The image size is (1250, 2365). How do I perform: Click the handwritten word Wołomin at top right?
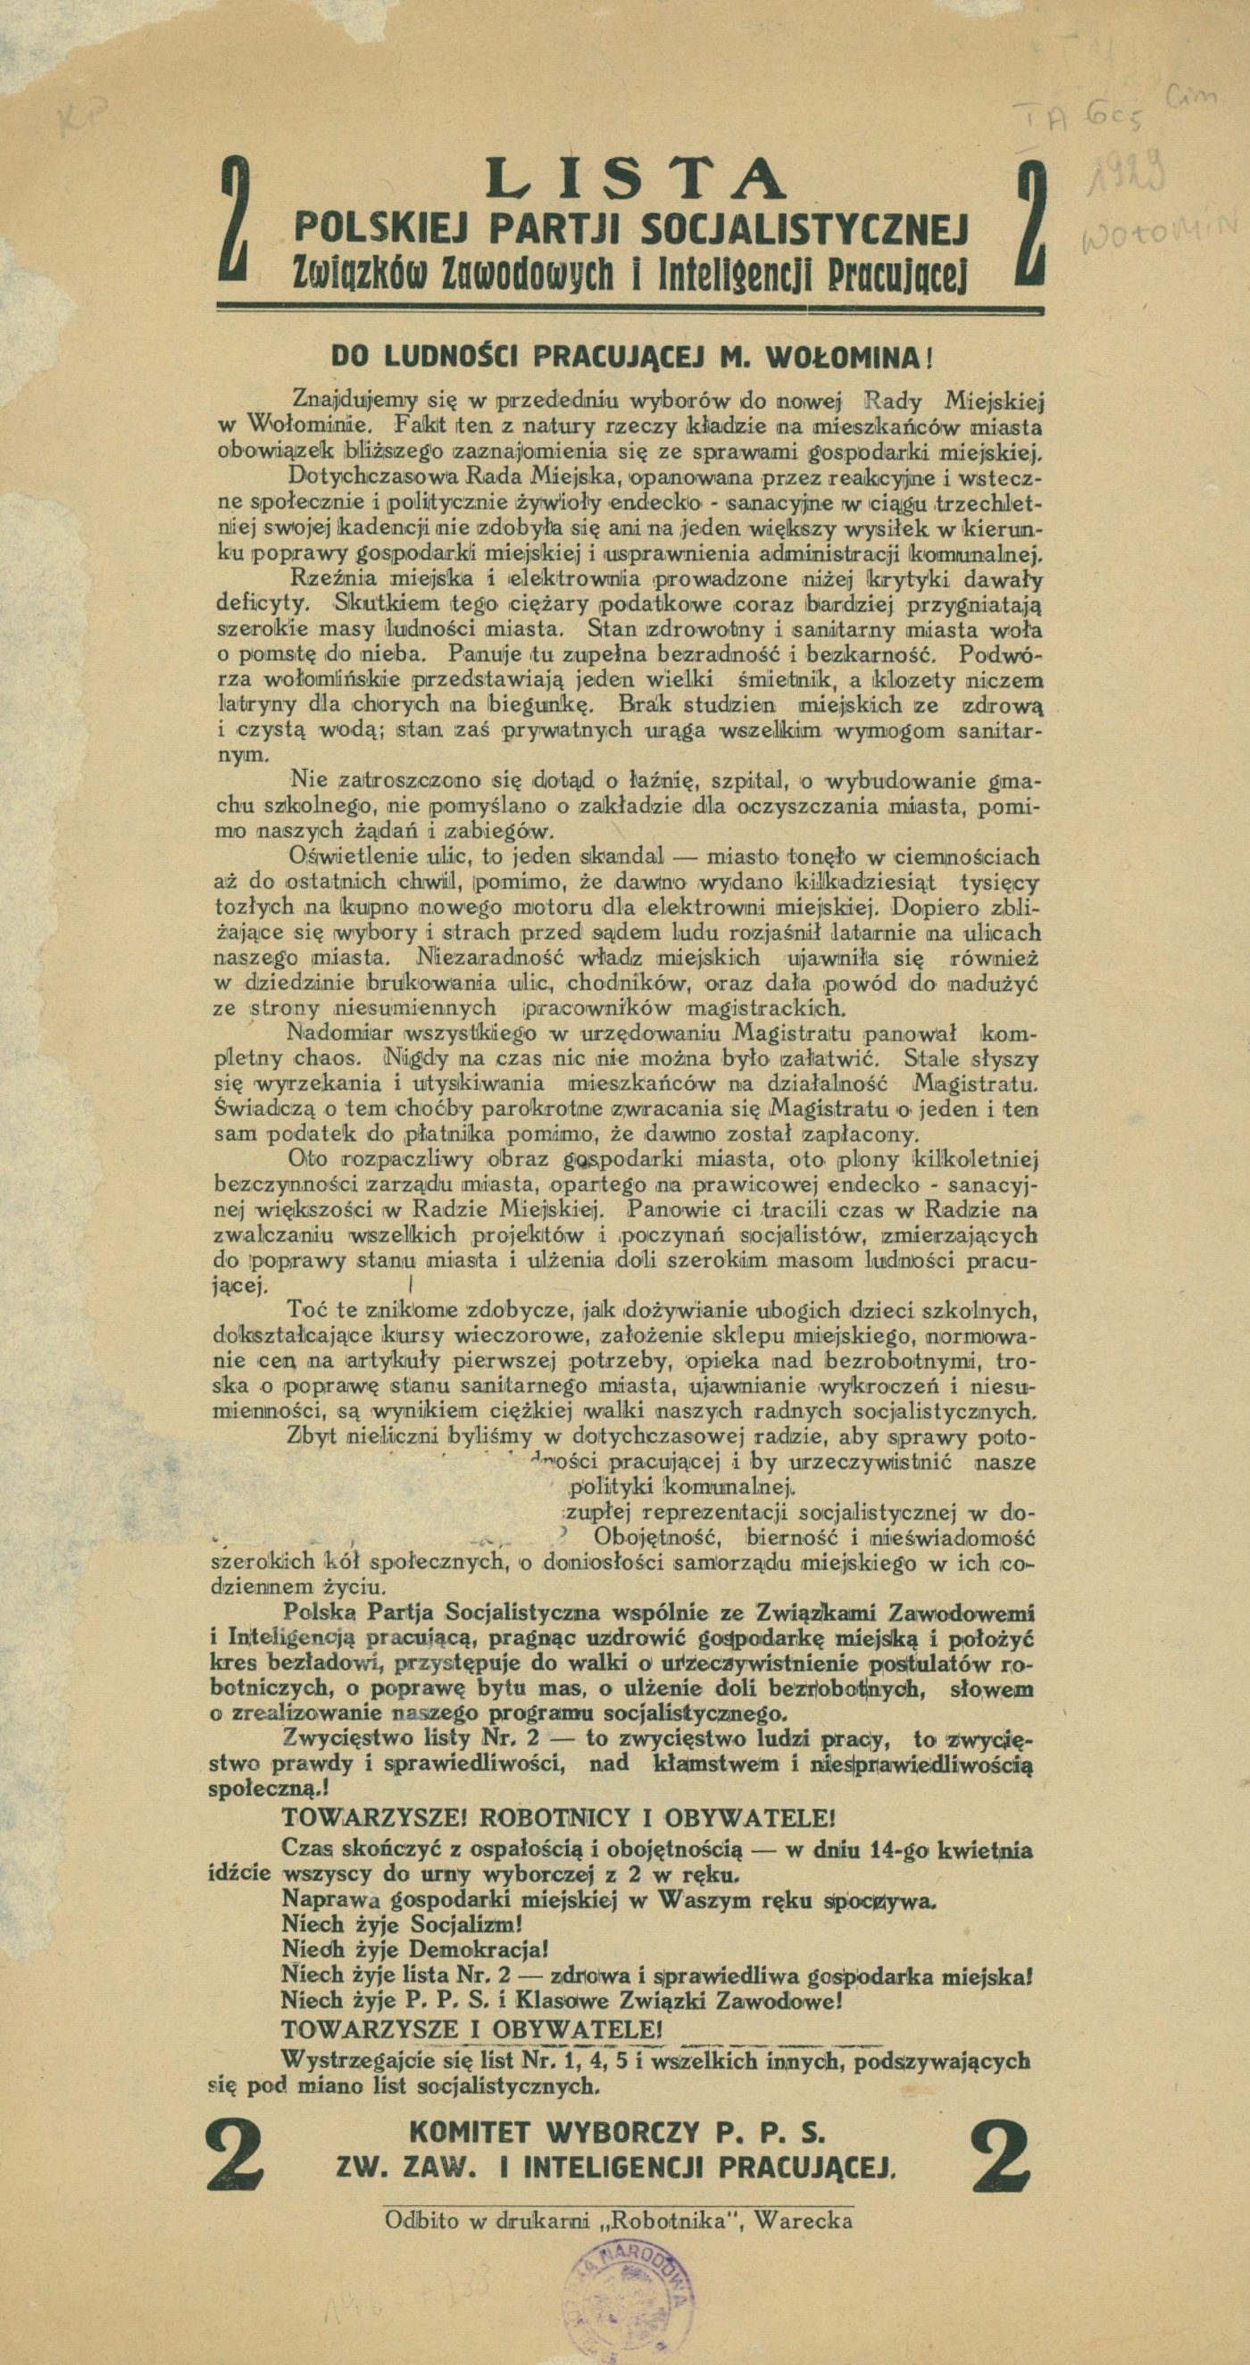(1161, 234)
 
